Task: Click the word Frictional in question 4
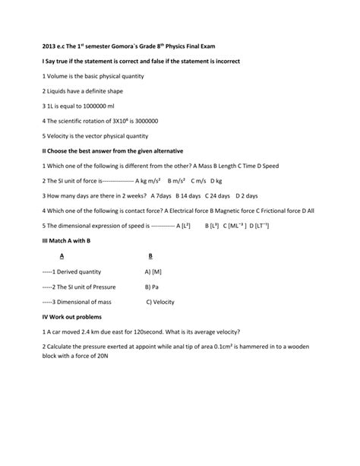tap(279, 211)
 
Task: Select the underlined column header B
tap(150, 256)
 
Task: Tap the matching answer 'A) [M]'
tap(153, 271)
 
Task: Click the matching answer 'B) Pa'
tap(151, 287)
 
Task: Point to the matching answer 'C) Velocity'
tap(160, 301)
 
